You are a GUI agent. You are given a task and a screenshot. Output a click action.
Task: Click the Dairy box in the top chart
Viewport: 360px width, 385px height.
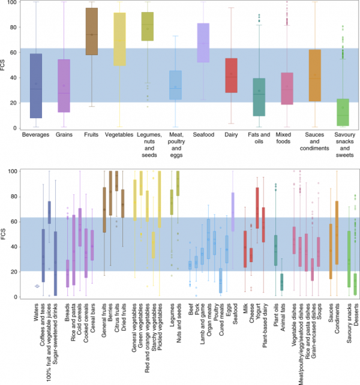point(230,75)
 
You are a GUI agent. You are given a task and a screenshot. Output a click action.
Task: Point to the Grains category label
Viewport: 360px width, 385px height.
point(64,136)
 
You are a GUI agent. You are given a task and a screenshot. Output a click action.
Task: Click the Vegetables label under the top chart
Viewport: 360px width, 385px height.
point(119,136)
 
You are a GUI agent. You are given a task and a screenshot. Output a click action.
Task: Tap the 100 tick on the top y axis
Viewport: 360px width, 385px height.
point(17,3)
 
